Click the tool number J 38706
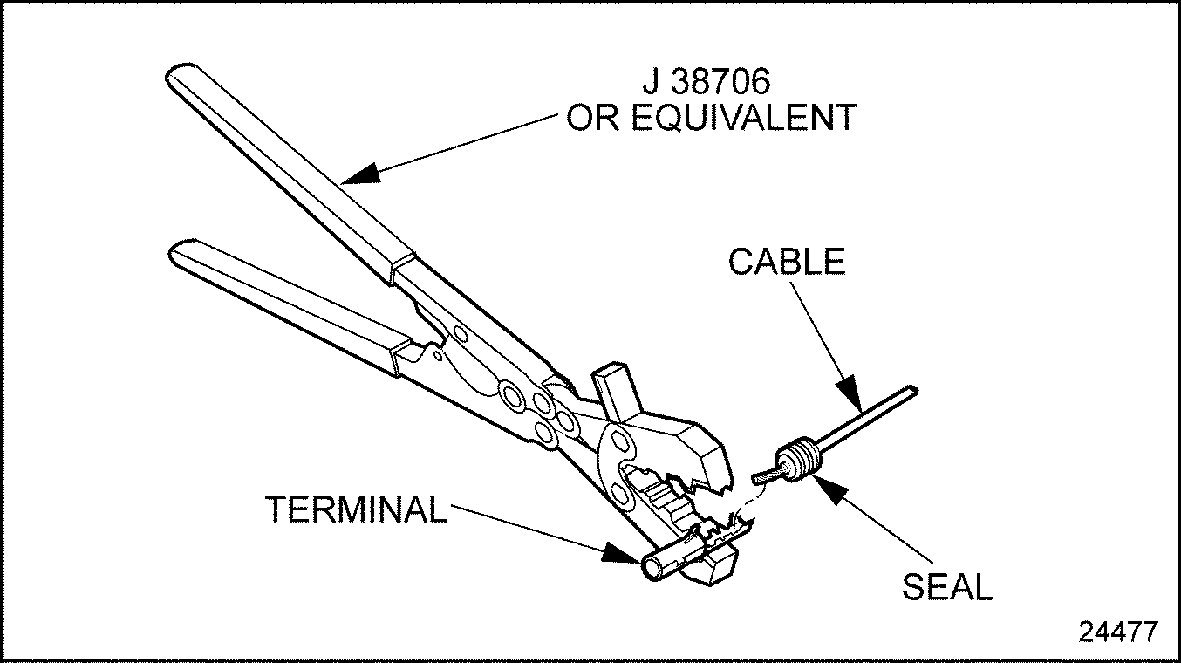pyautogui.click(x=707, y=84)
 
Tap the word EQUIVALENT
pyautogui.click(x=744, y=119)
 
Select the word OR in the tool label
pyautogui.click(x=593, y=119)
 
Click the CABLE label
pyautogui.click(x=787, y=262)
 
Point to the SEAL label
pyautogui.click(x=947, y=587)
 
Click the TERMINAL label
pyautogui.click(x=356, y=509)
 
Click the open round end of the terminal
pyautogui.click(x=652, y=568)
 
